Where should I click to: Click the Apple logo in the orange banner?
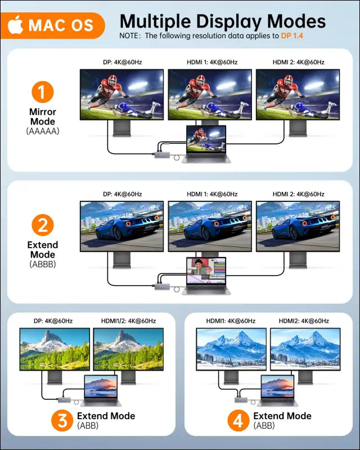pyautogui.click(x=15, y=25)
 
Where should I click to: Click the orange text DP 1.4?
pyautogui.click(x=292, y=36)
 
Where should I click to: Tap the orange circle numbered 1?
pyautogui.click(x=43, y=92)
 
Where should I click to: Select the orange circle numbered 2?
pyautogui.click(x=43, y=225)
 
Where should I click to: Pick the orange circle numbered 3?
pyautogui.click(x=62, y=420)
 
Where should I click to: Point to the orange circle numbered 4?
pyautogui.click(x=238, y=420)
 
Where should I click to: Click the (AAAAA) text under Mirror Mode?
pyautogui.click(x=43, y=131)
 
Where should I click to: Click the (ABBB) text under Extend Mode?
pyautogui.click(x=43, y=264)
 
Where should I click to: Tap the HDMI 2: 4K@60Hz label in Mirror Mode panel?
pyautogui.click(x=299, y=62)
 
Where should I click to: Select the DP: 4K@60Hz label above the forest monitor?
pyautogui.click(x=53, y=321)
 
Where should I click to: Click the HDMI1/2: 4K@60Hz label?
pyautogui.click(x=128, y=321)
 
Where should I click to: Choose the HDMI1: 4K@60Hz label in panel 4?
pyautogui.click(x=231, y=321)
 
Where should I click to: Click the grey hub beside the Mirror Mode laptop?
pyautogui.click(x=163, y=155)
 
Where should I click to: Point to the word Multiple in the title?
pyautogui.click(x=155, y=21)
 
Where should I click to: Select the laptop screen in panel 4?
pyautogui.click(x=277, y=386)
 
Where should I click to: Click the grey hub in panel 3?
pyautogui.click(x=65, y=399)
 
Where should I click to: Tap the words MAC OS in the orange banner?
pyautogui.click(x=61, y=25)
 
